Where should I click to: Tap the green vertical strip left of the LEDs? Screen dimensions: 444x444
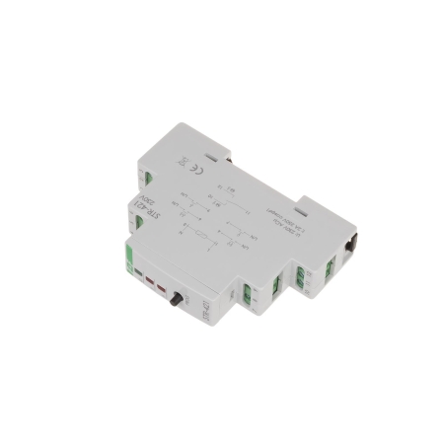[128, 259]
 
